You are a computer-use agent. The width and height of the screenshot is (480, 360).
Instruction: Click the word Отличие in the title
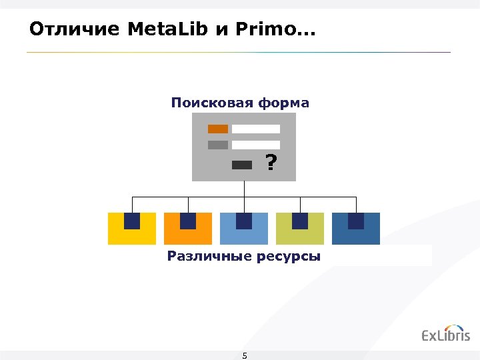(x=75, y=29)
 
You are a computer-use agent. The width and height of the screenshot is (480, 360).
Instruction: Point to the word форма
(x=285, y=103)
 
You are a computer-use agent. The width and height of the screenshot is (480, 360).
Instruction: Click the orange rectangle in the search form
(x=218, y=129)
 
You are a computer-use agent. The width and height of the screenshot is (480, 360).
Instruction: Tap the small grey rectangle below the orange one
(x=218, y=145)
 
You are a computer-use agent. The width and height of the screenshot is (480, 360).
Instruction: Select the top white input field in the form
(x=256, y=129)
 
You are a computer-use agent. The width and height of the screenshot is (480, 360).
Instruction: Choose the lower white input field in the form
(x=256, y=145)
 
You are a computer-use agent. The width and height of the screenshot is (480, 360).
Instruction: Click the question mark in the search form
(x=270, y=163)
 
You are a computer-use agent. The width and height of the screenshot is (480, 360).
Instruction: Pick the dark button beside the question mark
(x=242, y=165)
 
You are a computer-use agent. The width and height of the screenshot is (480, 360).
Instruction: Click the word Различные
(x=210, y=256)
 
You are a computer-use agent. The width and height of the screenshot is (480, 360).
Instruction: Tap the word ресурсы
(x=289, y=256)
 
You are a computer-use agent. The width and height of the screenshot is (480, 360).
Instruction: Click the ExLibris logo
(x=445, y=334)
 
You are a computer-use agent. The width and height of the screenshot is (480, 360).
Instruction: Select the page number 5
(x=245, y=355)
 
